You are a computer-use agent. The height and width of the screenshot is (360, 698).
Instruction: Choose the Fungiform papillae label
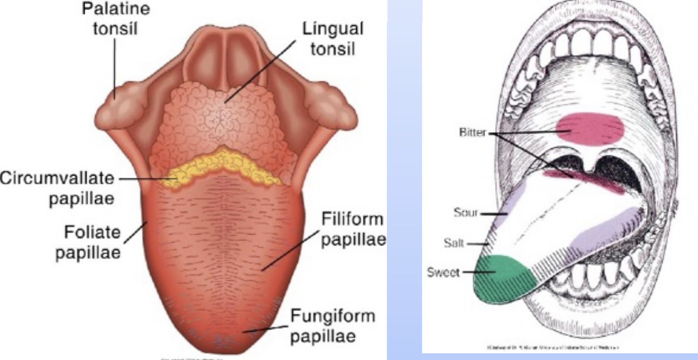pyautogui.click(x=333, y=326)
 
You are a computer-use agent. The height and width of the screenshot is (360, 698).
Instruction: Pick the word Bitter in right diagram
pyautogui.click(x=472, y=133)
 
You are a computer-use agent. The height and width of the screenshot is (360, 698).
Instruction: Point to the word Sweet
pyautogui.click(x=444, y=273)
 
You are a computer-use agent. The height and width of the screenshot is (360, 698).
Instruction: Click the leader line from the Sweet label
pyautogui.click(x=477, y=273)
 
